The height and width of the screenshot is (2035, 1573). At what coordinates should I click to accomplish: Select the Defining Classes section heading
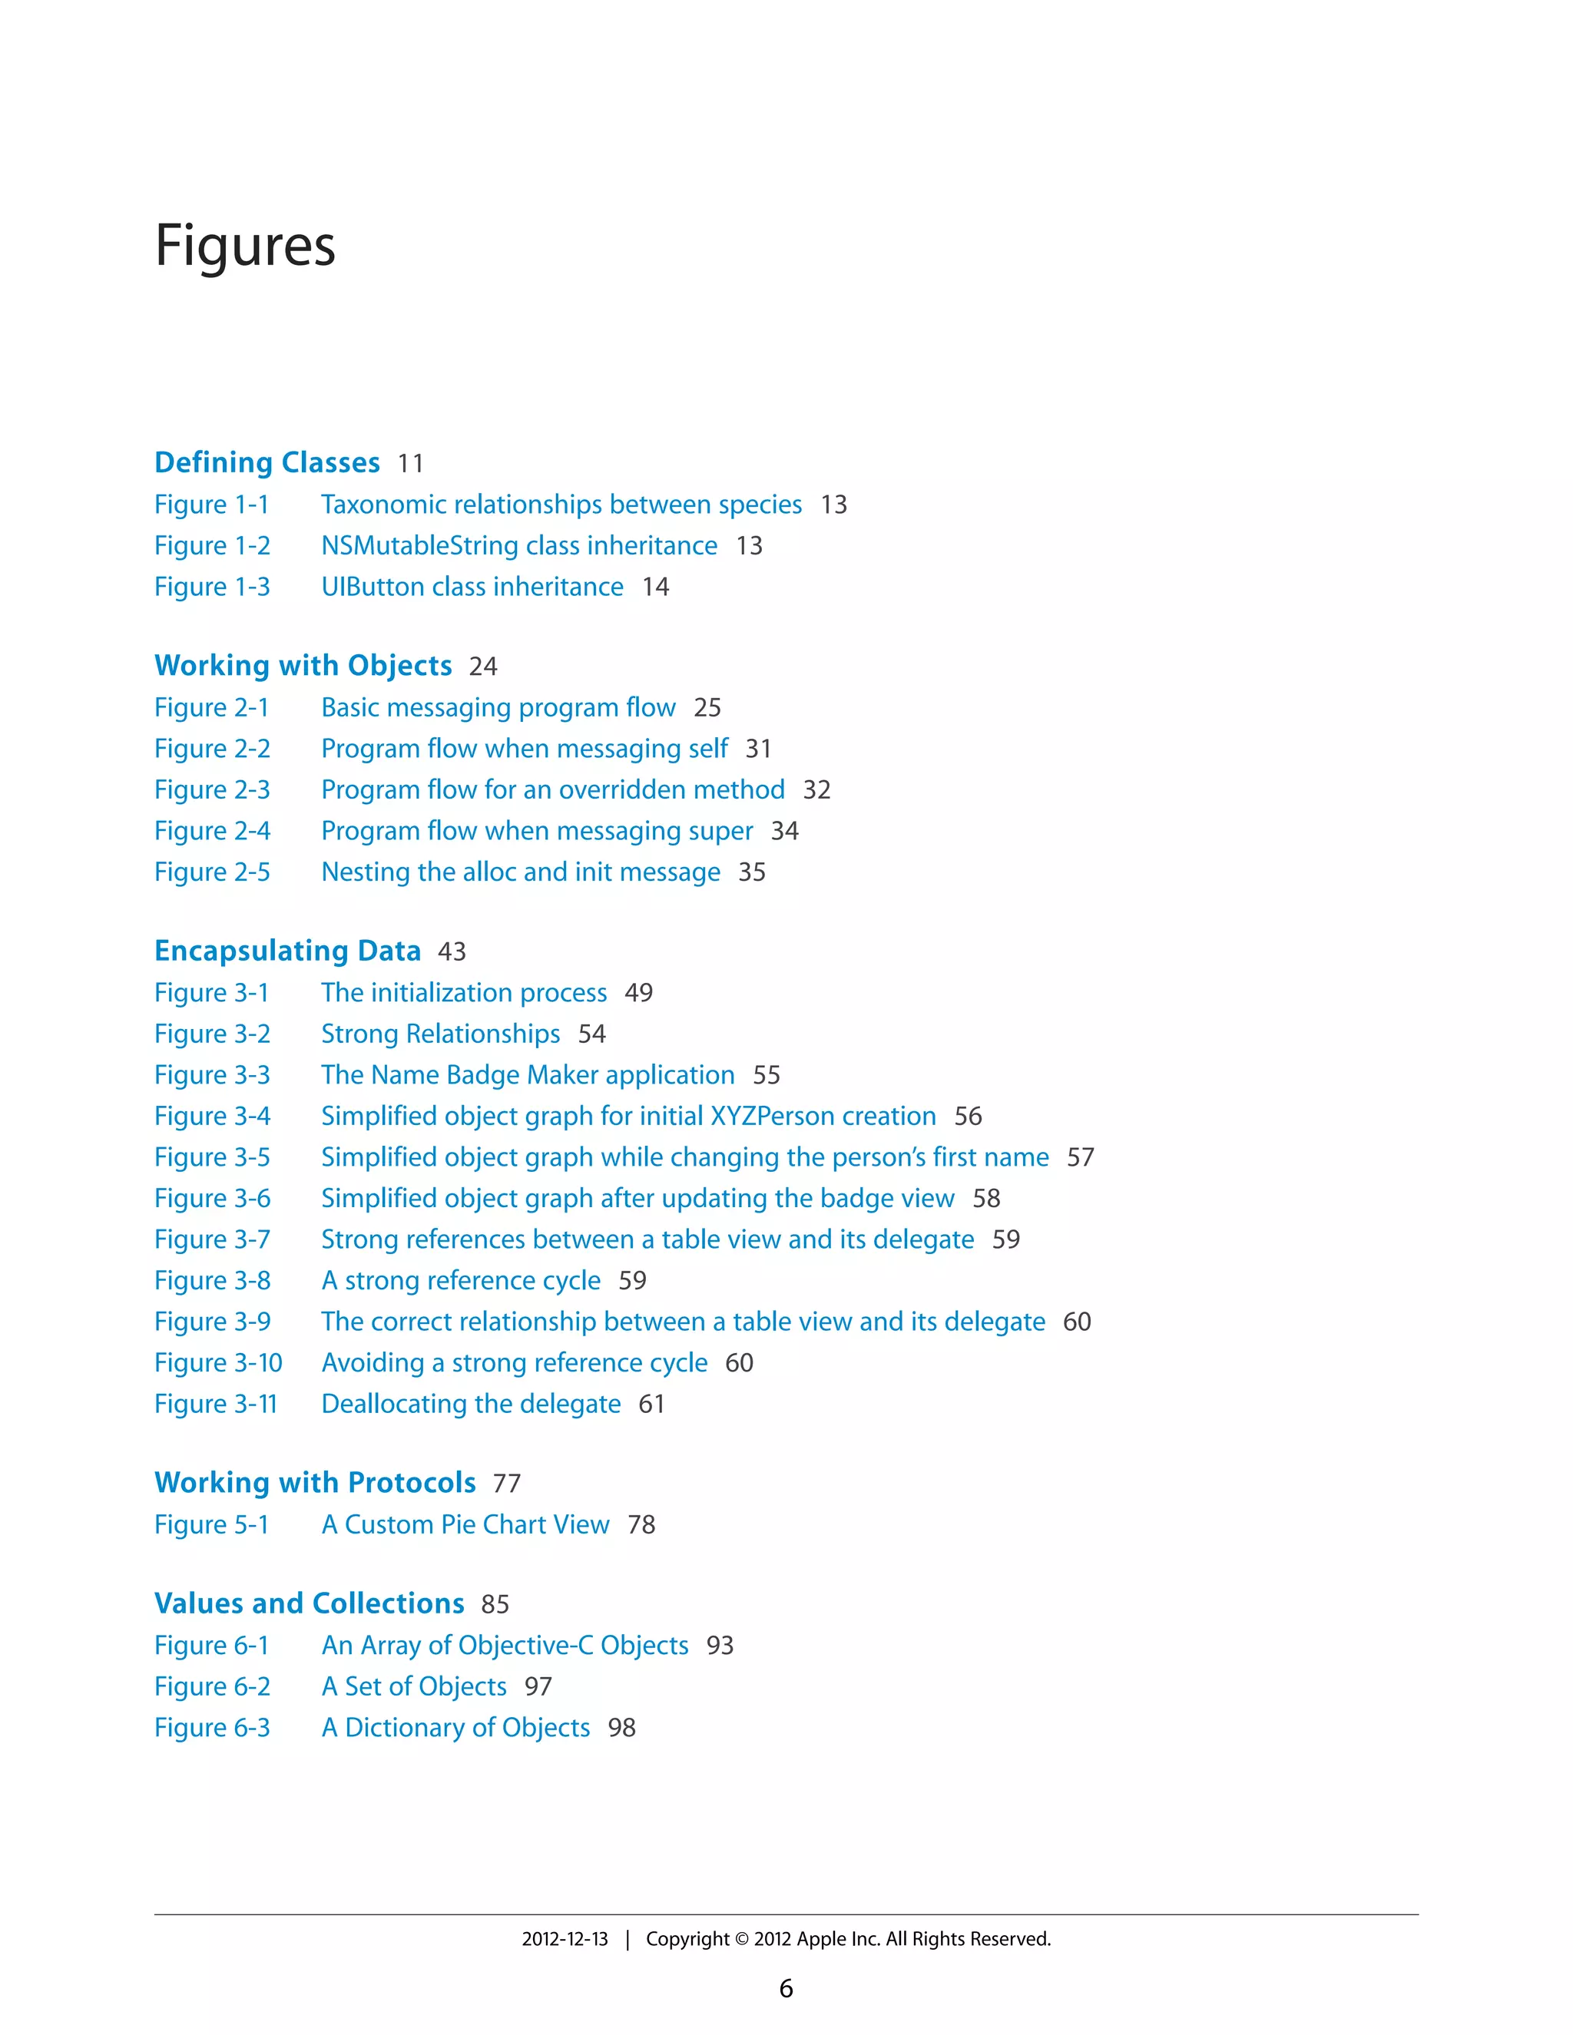[267, 462]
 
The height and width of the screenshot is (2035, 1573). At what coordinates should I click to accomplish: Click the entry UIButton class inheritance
[472, 587]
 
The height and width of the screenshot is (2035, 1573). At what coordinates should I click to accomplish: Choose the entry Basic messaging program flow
[498, 707]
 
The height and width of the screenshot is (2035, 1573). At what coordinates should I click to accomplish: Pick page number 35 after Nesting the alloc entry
[751, 872]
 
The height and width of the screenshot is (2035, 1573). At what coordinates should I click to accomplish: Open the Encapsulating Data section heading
[287, 951]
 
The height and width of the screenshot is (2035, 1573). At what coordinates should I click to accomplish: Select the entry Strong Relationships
[440, 1034]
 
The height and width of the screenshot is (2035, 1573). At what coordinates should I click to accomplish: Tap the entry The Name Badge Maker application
[528, 1074]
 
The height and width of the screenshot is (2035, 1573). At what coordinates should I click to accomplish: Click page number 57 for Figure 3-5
[1080, 1157]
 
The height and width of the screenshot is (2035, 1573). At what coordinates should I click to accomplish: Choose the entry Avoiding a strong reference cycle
[515, 1362]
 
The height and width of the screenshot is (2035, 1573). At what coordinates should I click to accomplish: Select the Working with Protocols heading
[315, 1482]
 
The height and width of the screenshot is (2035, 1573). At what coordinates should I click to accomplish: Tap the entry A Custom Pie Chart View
[465, 1524]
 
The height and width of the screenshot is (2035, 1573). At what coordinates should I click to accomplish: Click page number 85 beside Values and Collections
[495, 1603]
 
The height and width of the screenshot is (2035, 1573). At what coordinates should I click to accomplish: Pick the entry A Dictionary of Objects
[455, 1728]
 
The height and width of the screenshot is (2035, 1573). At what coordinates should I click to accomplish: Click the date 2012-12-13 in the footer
[564, 1939]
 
